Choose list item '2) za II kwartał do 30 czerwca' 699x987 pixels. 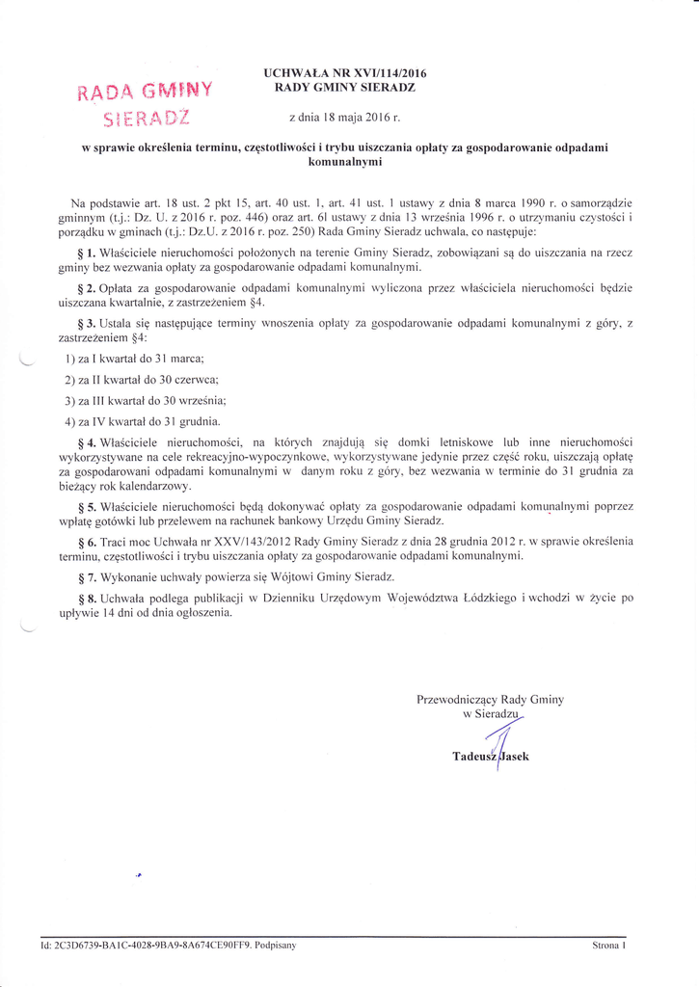click(x=142, y=380)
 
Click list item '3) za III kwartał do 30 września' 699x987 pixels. click(x=146, y=400)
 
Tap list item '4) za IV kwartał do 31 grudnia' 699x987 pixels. click(x=143, y=421)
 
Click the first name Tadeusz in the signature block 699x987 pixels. click(x=473, y=757)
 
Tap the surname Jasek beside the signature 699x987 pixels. click(x=514, y=757)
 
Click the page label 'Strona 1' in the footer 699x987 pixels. click(x=609, y=946)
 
